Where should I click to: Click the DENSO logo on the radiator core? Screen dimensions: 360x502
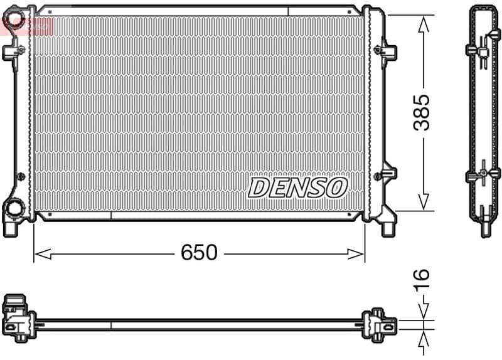[297, 187]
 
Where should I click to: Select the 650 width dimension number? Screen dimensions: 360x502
[199, 253]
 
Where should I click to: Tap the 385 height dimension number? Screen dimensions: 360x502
[422, 112]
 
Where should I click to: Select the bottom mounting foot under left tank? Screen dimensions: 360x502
[11, 227]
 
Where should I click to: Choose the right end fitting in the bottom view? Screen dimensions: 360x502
[381, 324]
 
